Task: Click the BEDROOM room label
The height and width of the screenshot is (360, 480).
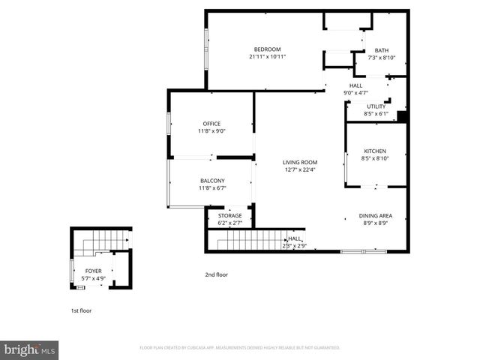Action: tap(267, 49)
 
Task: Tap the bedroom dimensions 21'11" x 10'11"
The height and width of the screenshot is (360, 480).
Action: tap(267, 57)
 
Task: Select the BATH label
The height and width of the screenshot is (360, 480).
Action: tap(382, 50)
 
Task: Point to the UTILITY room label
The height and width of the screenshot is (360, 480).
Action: tap(376, 106)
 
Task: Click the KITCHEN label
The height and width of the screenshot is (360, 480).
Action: tap(375, 150)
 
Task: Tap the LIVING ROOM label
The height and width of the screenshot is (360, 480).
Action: tap(300, 162)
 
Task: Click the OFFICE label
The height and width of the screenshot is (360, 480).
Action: tap(211, 124)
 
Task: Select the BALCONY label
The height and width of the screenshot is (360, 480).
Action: tap(212, 181)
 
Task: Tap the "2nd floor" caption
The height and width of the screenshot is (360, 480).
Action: tap(216, 274)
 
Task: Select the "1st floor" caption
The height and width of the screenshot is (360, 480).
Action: tap(81, 310)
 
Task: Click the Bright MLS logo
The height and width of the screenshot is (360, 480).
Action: tap(30, 349)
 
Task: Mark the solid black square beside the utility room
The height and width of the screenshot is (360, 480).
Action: tap(401, 116)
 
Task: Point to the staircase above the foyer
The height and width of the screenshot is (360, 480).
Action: tap(94, 243)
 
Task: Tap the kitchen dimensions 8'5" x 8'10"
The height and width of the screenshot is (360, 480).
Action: tap(375, 158)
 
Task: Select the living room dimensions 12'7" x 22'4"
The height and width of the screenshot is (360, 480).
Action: tap(300, 169)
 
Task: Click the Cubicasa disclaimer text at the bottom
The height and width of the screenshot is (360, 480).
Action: tap(240, 348)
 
